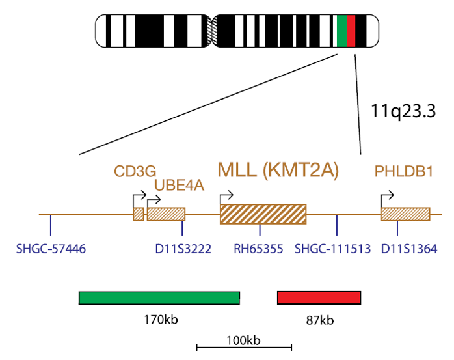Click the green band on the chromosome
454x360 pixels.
pos(341,31)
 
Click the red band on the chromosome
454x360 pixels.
pos(351,31)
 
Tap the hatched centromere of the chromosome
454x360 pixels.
pos(212,31)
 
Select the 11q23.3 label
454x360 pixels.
pos(403,111)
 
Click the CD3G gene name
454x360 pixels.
pos(135,171)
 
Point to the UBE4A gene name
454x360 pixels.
pos(180,186)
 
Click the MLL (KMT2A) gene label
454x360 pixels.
pos(278,170)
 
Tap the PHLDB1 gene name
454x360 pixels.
pos(404,171)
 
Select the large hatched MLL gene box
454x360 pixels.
pos(263,214)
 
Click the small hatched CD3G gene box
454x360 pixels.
pos(139,214)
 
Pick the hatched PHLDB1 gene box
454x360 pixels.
pos(405,214)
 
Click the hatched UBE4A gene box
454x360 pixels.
pos(167,214)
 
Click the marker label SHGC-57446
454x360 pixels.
pos(51,249)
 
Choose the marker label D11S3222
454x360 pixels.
pos(183,249)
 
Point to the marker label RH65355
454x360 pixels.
pos(258,249)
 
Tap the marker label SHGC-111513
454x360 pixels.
pos(332,249)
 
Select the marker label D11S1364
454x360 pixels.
pos(409,249)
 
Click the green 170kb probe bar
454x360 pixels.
pos(159,298)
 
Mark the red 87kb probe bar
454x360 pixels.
pos(319,298)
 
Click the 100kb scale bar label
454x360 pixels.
pos(243,340)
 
